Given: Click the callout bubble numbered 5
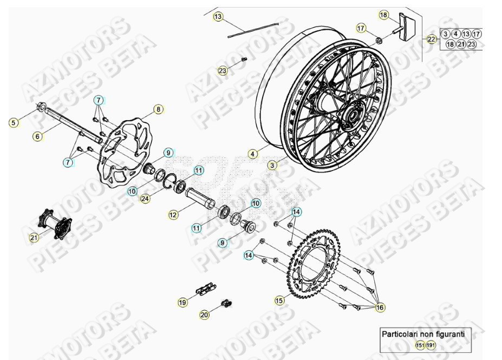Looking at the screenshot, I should click(x=14, y=123).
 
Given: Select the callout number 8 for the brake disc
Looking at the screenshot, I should click(x=158, y=110).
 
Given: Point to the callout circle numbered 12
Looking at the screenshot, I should click(x=173, y=215).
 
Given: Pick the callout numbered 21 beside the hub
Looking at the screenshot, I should click(x=34, y=238).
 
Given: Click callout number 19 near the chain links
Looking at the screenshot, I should click(x=182, y=302).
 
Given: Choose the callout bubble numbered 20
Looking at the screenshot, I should click(x=204, y=314).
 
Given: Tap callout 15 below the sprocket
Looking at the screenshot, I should click(x=279, y=300).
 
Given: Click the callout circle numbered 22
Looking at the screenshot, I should click(x=431, y=39).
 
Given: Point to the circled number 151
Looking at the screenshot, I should click(x=420, y=345).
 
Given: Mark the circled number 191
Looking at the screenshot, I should click(x=431, y=345).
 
